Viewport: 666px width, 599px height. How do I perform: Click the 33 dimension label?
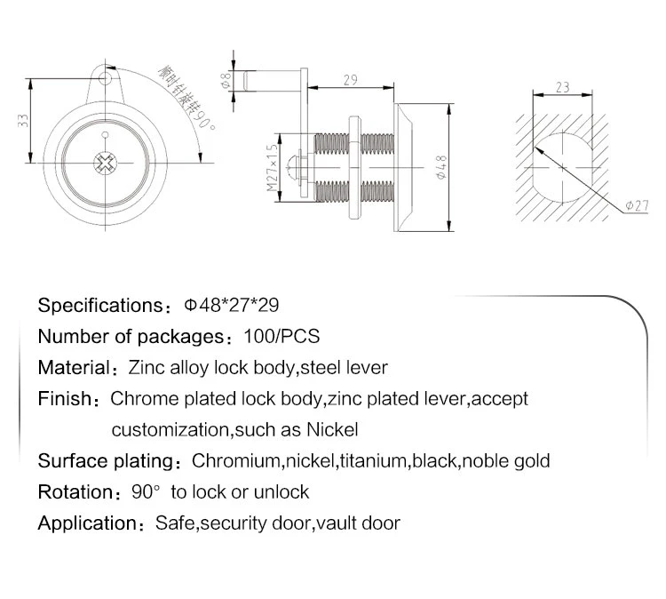23,121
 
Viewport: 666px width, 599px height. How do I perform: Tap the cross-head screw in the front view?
106,163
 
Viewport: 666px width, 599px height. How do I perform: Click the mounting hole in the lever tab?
105,78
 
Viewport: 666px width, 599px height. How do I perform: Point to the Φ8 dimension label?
226,80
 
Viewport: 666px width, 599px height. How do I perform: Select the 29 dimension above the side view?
351,80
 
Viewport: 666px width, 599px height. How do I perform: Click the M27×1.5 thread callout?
272,168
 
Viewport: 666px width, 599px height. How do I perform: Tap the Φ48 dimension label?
441,167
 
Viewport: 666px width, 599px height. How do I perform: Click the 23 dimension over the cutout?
562,87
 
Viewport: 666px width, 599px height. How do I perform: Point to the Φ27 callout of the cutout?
637,206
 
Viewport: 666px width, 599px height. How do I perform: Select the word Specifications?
99,306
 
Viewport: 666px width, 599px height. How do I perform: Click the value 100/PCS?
281,336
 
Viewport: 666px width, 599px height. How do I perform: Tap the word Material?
74,368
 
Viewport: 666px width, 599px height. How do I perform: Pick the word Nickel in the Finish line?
332,430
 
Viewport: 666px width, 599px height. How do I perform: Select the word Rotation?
75,491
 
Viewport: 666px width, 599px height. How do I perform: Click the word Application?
87,523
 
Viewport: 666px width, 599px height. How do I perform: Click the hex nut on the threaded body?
354,167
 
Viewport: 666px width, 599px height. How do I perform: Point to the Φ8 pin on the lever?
272,80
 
